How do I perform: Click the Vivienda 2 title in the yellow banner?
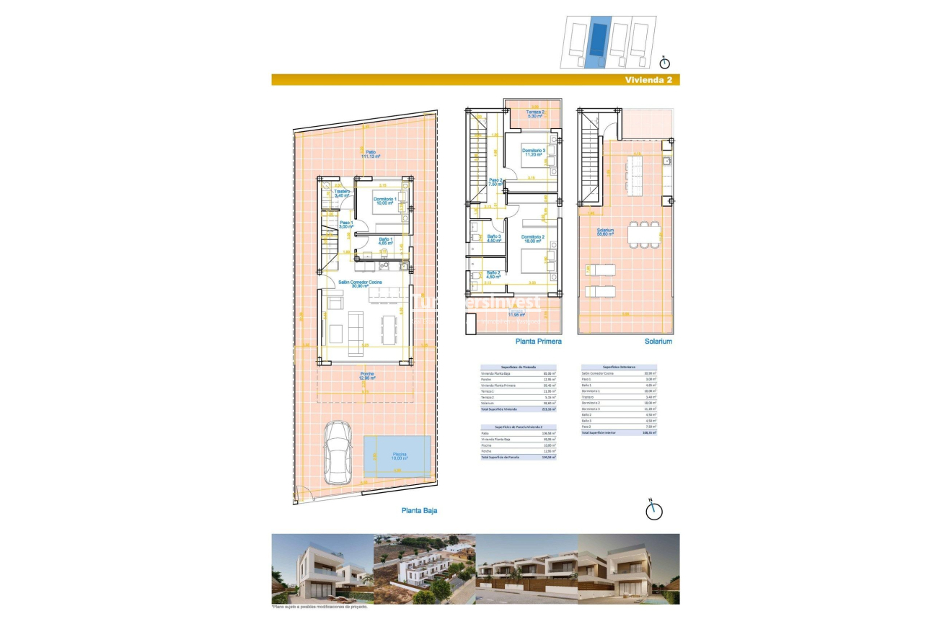pos(649,80)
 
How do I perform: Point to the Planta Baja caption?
pos(419,510)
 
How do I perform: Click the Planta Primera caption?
pos(538,342)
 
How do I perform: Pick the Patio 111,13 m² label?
pos(370,154)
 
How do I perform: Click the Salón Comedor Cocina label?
pos(361,283)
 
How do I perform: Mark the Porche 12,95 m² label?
pos(368,375)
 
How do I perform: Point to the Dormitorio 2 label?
pos(533,239)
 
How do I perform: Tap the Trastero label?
pos(342,192)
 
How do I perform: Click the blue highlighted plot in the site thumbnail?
pos(596,43)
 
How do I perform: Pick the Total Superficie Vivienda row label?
pos(500,409)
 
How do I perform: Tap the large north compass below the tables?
pos(653,509)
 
